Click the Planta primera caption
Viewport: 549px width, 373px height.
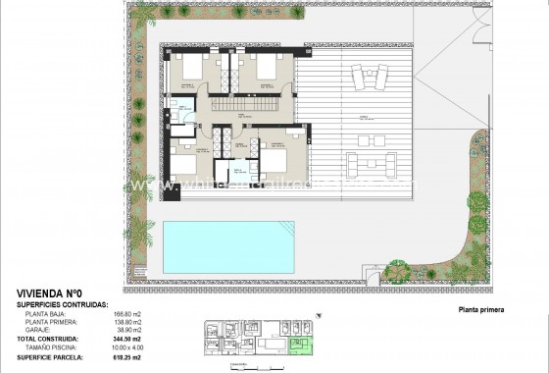479,310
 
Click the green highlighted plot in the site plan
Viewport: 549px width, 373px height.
305,344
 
